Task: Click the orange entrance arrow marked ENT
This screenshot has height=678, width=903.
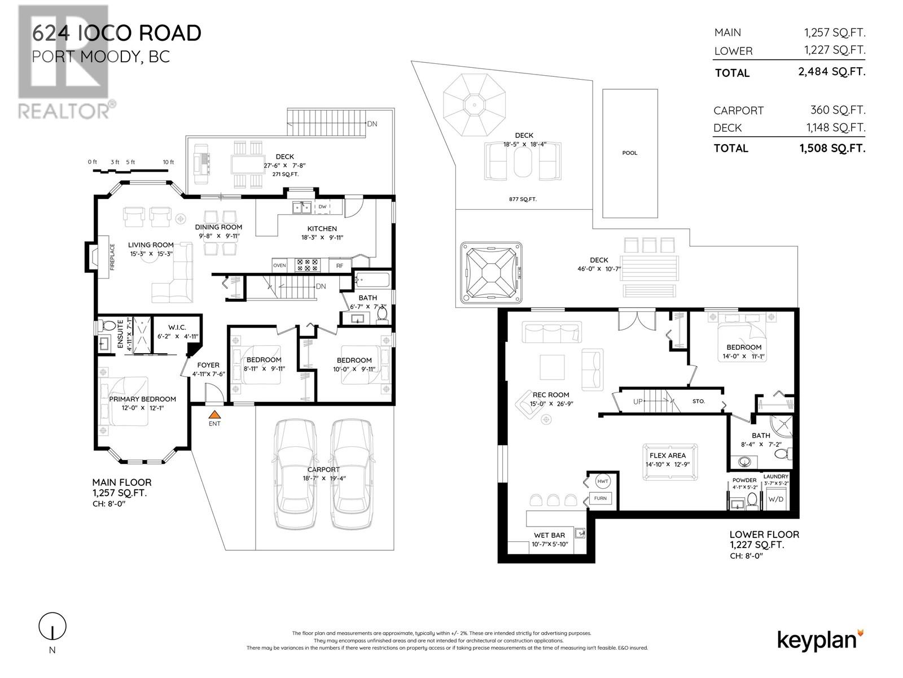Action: coord(214,415)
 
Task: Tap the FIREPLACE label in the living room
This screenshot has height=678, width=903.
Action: coord(112,257)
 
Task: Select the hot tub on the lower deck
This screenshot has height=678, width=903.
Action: coord(491,272)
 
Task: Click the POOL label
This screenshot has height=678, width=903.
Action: coord(629,153)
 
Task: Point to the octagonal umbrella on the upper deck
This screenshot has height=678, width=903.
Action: coord(474,105)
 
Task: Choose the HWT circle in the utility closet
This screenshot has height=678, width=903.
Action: coord(602,481)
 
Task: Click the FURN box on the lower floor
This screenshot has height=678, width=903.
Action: coord(600,498)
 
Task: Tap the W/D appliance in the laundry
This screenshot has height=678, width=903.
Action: coord(776,499)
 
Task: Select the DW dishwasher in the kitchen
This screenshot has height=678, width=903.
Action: coord(322,207)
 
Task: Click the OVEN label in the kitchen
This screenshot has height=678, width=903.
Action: coord(279,266)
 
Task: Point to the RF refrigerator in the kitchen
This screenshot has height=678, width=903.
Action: coord(339,266)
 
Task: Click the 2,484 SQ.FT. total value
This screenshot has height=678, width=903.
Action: coord(831,72)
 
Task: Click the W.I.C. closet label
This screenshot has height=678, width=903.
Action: coord(177,327)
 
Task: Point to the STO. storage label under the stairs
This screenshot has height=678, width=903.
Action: coord(699,401)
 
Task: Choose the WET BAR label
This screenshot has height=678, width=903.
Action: coord(549,535)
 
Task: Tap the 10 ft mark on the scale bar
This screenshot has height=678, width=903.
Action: coord(168,162)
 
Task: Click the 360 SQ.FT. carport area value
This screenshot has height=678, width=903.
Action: coord(838,110)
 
